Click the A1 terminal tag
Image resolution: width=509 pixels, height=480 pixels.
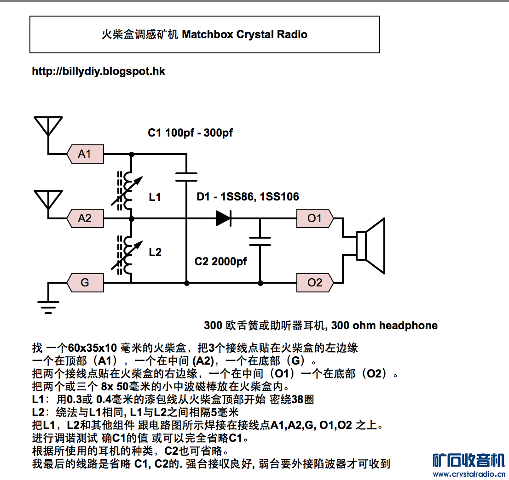(x=86, y=154)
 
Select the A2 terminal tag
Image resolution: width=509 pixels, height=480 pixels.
(x=86, y=218)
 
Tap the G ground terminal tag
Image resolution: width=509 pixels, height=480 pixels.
(x=86, y=282)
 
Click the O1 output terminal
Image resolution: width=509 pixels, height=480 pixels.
(x=315, y=218)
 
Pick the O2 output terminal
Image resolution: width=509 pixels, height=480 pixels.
(x=315, y=282)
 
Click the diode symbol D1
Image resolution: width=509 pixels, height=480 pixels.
(x=224, y=218)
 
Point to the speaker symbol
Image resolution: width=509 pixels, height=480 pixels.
(x=370, y=246)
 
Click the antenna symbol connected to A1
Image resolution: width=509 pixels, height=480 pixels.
(x=48, y=126)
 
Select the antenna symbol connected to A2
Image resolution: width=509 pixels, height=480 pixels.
(x=48, y=200)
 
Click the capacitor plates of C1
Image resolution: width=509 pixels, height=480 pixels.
(x=186, y=177)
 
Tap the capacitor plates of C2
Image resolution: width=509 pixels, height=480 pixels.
(x=260, y=241)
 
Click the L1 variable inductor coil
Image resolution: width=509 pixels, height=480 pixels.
(x=127, y=191)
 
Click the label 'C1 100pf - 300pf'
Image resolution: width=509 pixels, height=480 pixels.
(x=190, y=133)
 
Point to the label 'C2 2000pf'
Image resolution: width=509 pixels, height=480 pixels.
(x=221, y=262)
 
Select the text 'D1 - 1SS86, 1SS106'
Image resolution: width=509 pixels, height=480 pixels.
(x=248, y=196)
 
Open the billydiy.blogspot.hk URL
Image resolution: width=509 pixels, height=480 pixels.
(x=98, y=71)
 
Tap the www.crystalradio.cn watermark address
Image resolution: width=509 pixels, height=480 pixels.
(x=469, y=474)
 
